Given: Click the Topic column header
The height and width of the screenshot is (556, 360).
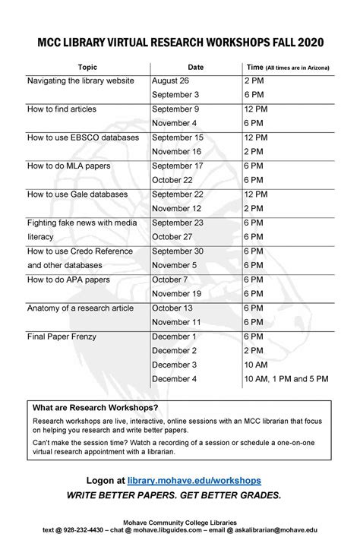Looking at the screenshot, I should pyautogui.click(x=87, y=68).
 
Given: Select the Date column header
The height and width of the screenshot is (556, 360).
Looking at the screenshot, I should pyautogui.click(x=195, y=68).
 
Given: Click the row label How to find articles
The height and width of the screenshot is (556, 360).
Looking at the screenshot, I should pyautogui.click(x=62, y=109).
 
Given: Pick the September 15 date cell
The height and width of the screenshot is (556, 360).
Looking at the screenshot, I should pyautogui.click(x=178, y=137).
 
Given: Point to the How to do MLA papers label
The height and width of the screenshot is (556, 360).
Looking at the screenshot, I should pyautogui.click(x=67, y=166).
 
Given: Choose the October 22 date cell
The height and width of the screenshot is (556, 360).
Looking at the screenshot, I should pyautogui.click(x=172, y=180).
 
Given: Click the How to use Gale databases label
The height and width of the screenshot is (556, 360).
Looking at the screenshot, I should pyautogui.click(x=77, y=194).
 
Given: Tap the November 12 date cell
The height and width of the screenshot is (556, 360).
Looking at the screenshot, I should pyautogui.click(x=176, y=208).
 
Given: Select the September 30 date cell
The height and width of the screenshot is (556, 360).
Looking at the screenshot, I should pyautogui.click(x=178, y=251).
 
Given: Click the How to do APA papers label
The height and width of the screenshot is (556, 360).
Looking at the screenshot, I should pyautogui.click(x=68, y=280).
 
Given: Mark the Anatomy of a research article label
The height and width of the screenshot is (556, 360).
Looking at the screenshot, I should pyautogui.click(x=80, y=308).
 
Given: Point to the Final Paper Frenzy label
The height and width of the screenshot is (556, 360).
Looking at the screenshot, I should pyautogui.click(x=62, y=336).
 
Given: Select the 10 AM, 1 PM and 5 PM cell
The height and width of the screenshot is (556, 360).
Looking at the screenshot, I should pyautogui.click(x=286, y=378).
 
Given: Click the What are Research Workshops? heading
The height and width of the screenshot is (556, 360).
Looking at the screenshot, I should pyautogui.click(x=90, y=407).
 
